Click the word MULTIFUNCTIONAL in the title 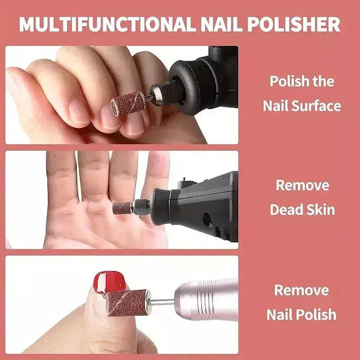pyautogui.click(x=107, y=24)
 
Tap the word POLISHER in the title pyautogui.click(x=294, y=24)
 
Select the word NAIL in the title pyautogui.click(x=221, y=24)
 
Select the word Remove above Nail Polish pyautogui.click(x=302, y=290)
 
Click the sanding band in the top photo pyautogui.click(x=128, y=104)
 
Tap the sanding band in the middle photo pyautogui.click(x=123, y=207)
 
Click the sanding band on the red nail pyautogui.click(x=128, y=303)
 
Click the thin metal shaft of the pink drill pyautogui.click(x=162, y=302)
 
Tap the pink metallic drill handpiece pyautogui.click(x=206, y=299)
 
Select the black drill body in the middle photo pyautogui.click(x=195, y=205)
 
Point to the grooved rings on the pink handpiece pyautogui.click(x=208, y=299)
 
